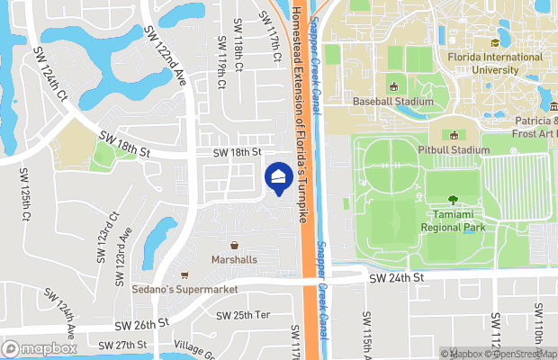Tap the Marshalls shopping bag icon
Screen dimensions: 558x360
coord(234,245)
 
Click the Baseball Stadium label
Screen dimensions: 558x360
coord(393,102)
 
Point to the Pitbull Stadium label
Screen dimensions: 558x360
coord(453,149)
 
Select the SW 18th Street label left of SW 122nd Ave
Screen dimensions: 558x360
coord(122,142)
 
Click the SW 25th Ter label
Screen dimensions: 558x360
coord(243,315)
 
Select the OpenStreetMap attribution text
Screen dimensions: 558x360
coord(521,354)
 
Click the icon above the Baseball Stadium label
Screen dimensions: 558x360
coord(393,86)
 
